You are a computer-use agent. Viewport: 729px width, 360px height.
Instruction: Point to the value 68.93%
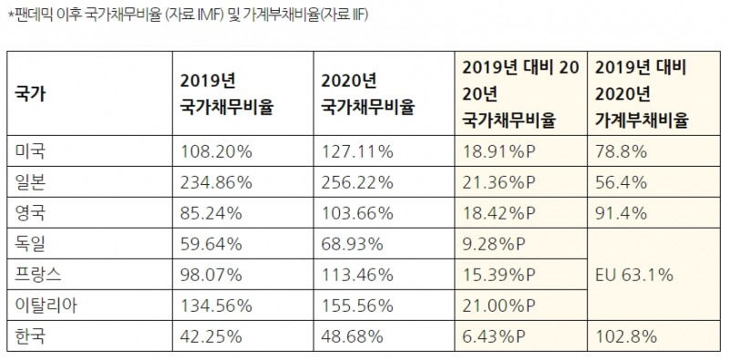tap(354, 243)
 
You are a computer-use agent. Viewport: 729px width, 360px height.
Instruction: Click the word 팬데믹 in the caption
tap(32, 15)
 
